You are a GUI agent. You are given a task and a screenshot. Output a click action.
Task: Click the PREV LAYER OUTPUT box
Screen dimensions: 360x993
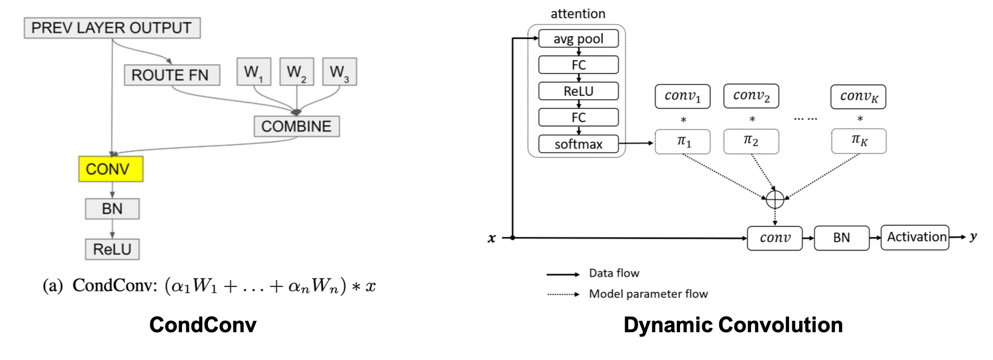pos(112,28)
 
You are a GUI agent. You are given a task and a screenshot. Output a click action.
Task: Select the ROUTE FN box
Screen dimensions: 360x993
pos(171,75)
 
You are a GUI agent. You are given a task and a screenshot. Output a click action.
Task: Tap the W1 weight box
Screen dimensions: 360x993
pos(253,72)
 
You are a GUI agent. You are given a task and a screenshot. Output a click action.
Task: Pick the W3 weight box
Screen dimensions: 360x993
pos(339,72)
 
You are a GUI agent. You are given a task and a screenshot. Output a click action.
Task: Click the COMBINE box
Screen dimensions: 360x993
pos(296,126)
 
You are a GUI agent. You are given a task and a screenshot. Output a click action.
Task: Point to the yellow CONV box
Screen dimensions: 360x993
pos(111,169)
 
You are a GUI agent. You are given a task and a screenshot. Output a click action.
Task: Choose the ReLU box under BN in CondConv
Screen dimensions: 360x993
pos(112,249)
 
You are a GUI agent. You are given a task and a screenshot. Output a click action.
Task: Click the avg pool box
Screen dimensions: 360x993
pos(578,39)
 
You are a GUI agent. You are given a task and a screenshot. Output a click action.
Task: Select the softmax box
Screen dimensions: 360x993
pos(578,144)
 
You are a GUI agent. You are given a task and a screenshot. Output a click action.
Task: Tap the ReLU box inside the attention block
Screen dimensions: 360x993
pos(578,91)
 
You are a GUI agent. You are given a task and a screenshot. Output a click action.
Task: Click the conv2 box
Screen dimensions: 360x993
pos(751,96)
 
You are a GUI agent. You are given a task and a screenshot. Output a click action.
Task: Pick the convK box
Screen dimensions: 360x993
pos(858,96)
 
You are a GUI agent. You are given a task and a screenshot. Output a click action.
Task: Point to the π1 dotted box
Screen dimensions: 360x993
pos(683,141)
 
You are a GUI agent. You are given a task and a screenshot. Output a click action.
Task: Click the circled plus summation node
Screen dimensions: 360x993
pos(775,199)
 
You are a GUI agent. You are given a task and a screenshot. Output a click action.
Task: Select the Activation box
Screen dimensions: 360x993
pos(915,237)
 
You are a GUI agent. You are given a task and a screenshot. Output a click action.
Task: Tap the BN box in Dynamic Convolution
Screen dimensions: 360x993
pos(841,238)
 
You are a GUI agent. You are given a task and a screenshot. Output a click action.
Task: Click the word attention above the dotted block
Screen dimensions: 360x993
pos(578,14)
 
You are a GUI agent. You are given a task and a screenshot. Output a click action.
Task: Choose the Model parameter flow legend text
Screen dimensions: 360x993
pos(648,294)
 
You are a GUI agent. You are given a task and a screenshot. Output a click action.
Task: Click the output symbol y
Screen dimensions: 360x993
pos(973,237)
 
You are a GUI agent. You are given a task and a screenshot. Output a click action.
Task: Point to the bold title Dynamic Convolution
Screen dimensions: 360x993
pos(733,325)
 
